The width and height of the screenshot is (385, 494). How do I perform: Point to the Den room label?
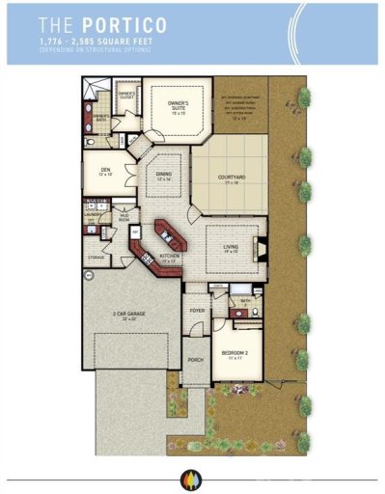[104, 171]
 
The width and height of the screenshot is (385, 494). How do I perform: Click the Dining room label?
[163, 177]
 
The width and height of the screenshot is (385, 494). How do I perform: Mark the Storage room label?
[95, 258]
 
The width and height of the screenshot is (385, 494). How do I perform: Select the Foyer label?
[197, 311]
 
